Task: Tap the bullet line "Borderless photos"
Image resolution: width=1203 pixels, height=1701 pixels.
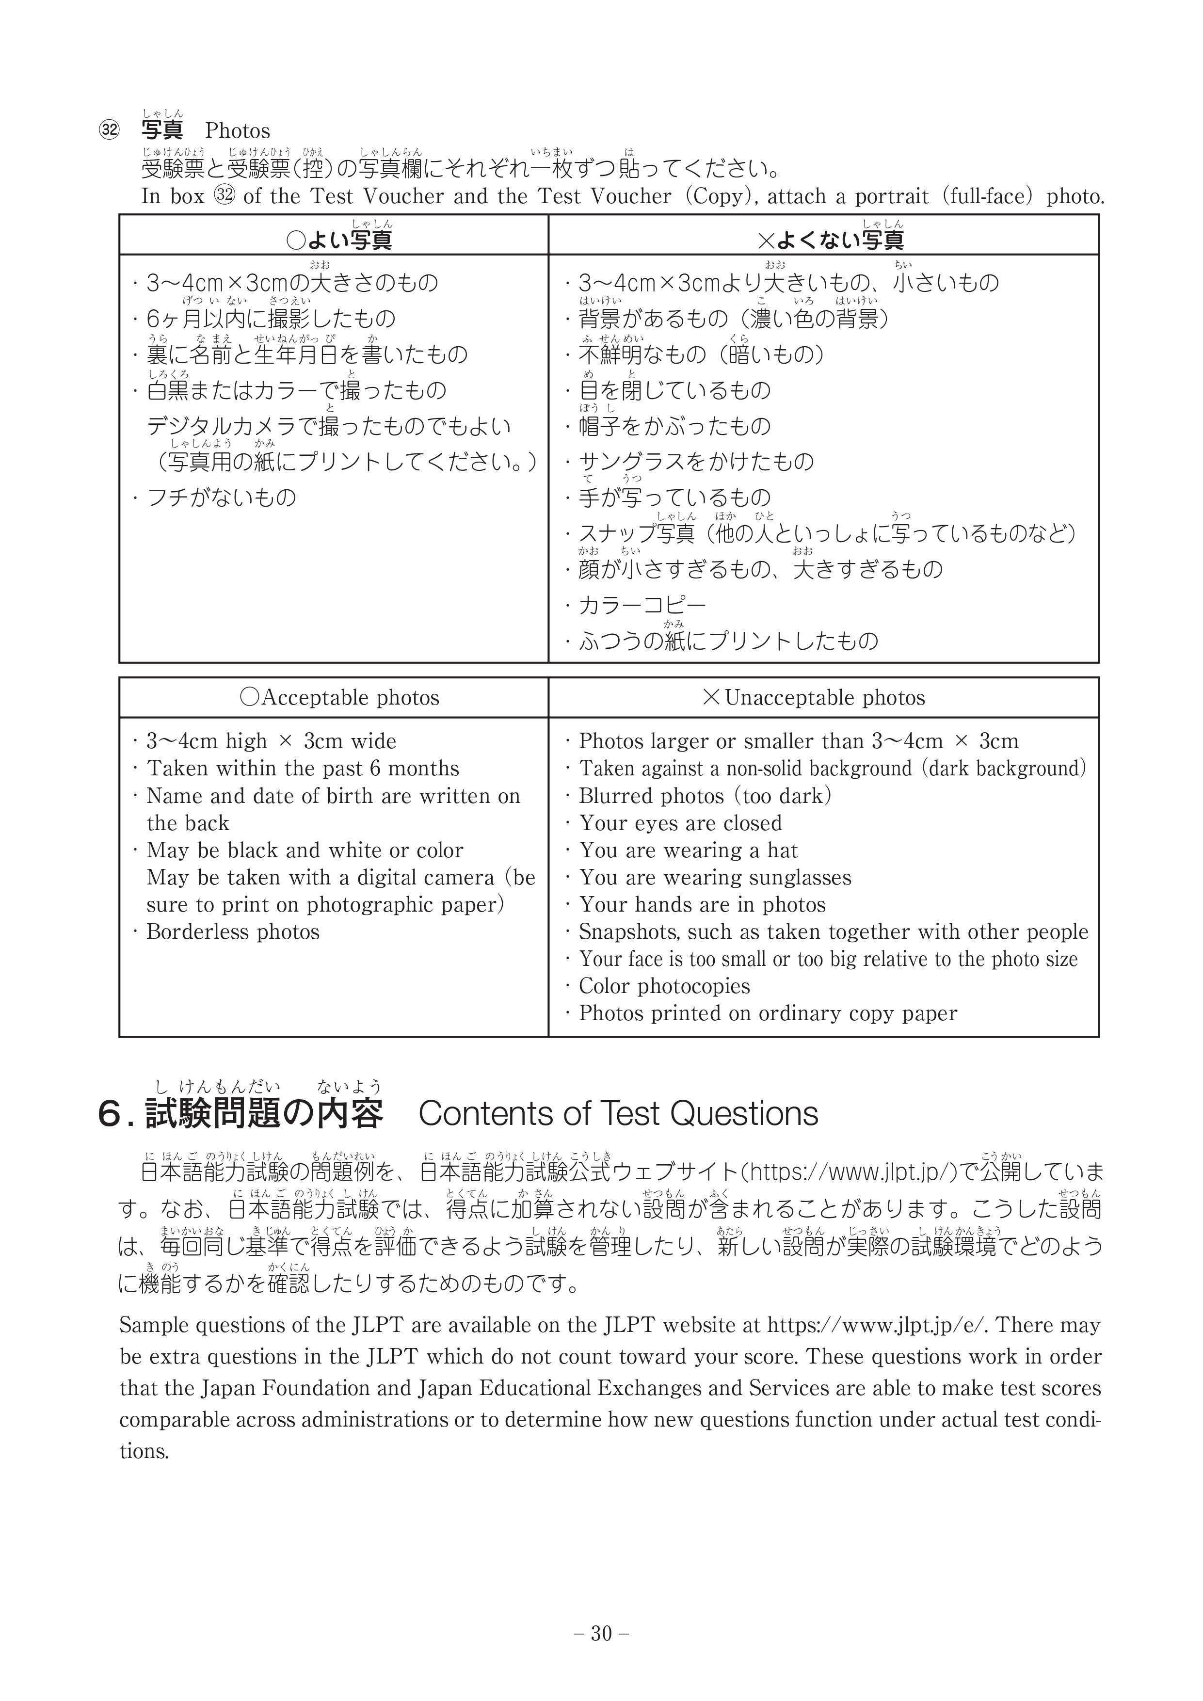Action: (233, 932)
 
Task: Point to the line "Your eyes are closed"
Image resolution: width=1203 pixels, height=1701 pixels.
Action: (680, 823)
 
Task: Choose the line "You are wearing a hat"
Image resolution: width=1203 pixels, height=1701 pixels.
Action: (688, 850)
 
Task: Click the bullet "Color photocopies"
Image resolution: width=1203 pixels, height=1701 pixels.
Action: (664, 986)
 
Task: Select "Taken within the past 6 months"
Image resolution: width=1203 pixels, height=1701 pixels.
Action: (302, 769)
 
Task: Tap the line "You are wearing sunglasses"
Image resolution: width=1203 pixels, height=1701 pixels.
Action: (715, 878)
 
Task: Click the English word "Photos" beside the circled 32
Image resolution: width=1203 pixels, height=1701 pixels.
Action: (237, 131)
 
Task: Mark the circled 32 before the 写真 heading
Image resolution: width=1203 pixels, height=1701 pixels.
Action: (109, 131)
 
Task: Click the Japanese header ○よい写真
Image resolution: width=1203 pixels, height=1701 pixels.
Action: (339, 240)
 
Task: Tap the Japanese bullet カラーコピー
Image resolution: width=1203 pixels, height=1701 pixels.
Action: (642, 605)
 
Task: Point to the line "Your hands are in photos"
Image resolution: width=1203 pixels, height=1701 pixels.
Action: (702, 905)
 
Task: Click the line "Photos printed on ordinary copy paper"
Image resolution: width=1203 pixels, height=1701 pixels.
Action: (768, 1013)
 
